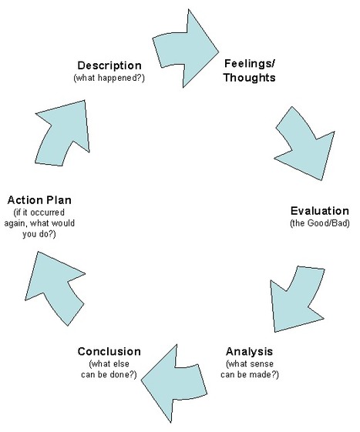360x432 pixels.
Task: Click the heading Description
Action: pyautogui.click(x=109, y=66)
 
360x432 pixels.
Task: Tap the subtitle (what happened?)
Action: pyautogui.click(x=109, y=78)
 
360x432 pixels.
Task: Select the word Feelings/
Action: pyautogui.click(x=250, y=64)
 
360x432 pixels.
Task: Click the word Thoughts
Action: pyautogui.click(x=250, y=78)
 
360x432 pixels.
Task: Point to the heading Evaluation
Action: pyautogui.click(x=320, y=211)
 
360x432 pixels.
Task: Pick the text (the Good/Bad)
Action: pyautogui.click(x=320, y=223)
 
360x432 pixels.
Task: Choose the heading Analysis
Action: pyautogui.click(x=249, y=352)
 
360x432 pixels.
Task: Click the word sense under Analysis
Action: pyautogui.click(x=261, y=364)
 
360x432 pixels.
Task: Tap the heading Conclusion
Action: pyautogui.click(x=109, y=352)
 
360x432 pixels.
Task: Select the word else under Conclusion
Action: pyautogui.click(x=120, y=364)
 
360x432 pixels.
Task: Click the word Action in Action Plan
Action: pyautogui.click(x=24, y=200)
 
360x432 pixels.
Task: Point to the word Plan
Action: pyautogui.click(x=59, y=200)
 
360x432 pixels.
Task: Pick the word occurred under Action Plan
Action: pyautogui.click(x=47, y=213)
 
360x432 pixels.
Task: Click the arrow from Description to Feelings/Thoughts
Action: pyautogui.click(x=185, y=49)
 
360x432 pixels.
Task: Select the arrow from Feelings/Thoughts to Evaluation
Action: pyautogui.click(x=305, y=143)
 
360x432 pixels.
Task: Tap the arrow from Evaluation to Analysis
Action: pyautogui.click(x=297, y=299)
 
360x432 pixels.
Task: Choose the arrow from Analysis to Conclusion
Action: pyautogui.click(x=174, y=383)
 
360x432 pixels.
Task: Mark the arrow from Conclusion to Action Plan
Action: pyautogui.click(x=56, y=288)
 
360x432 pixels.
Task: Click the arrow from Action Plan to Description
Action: pyautogui.click(x=63, y=132)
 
